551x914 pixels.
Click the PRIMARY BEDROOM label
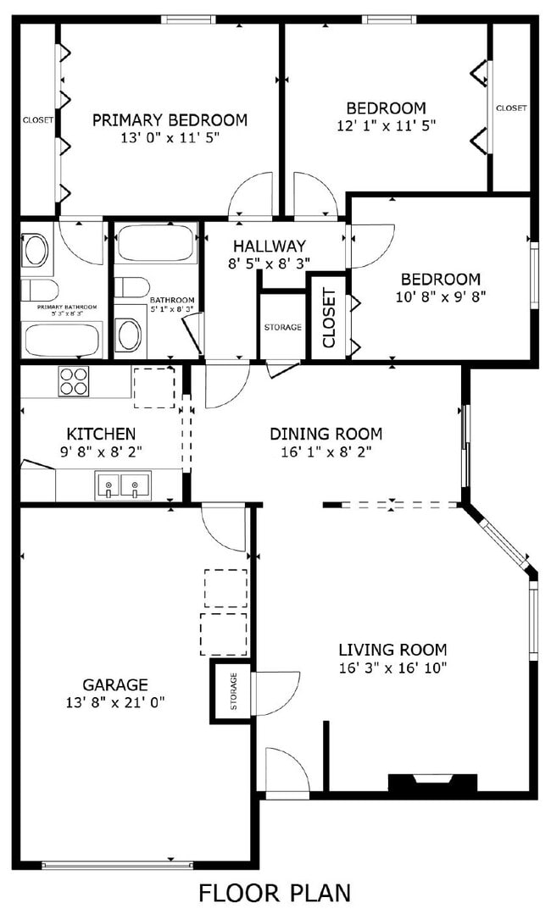(170, 119)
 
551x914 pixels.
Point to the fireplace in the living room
(432, 784)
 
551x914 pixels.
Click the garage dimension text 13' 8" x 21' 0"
(115, 701)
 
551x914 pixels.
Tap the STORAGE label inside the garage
(233, 692)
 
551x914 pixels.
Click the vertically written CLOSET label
(330, 318)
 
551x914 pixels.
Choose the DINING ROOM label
(326, 434)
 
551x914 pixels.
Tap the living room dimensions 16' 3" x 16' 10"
(392, 667)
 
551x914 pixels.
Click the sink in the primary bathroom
(36, 249)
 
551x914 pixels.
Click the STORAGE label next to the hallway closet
(282, 327)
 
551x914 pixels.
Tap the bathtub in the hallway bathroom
(157, 244)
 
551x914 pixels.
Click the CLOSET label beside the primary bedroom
(38, 120)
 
